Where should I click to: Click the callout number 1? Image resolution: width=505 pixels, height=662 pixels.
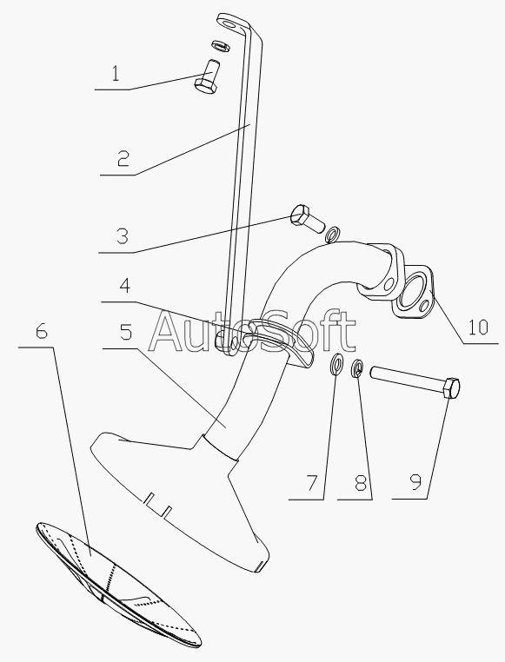[x=116, y=75]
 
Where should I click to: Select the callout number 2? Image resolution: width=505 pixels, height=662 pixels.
[x=123, y=158]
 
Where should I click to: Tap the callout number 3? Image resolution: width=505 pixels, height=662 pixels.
[x=122, y=236]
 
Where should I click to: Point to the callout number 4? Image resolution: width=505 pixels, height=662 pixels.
[x=124, y=286]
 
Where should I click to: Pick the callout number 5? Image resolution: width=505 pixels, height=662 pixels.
[x=126, y=331]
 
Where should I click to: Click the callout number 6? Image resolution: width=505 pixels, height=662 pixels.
[x=42, y=331]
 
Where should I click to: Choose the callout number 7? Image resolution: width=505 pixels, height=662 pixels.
[x=312, y=482]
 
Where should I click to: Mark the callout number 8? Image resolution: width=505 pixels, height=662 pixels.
[x=360, y=482]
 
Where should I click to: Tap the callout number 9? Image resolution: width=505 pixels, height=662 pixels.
[x=415, y=481]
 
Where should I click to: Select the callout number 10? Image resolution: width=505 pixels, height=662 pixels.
[x=478, y=328]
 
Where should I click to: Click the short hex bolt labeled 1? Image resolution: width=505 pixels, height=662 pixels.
[x=207, y=76]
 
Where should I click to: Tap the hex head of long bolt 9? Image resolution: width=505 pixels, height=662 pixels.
[x=451, y=388]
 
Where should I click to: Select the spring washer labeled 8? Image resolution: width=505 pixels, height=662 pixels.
[x=357, y=367]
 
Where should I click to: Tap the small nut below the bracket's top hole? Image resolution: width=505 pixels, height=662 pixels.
[x=220, y=45]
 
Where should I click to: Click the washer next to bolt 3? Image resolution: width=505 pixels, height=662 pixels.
[x=334, y=235]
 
